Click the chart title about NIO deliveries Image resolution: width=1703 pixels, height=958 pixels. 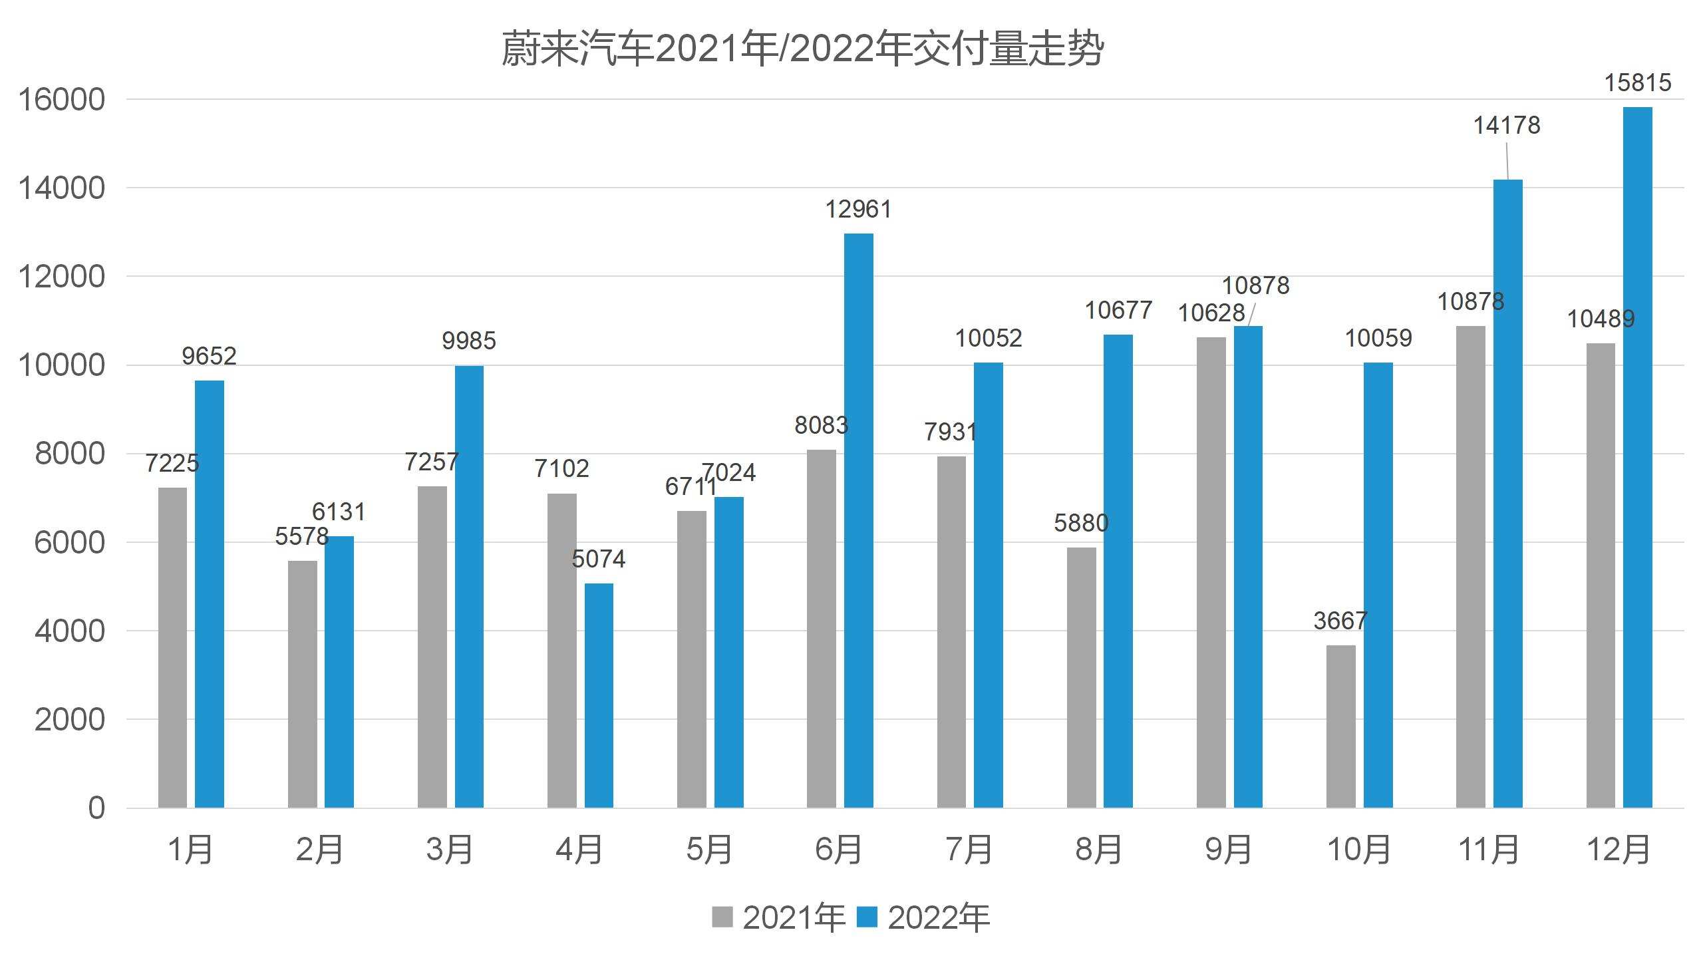pyautogui.click(x=802, y=49)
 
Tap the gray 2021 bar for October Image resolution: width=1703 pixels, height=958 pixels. pyautogui.click(x=1340, y=726)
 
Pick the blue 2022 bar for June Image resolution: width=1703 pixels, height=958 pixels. pyautogui.click(x=858, y=520)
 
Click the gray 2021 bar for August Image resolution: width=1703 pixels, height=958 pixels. pyautogui.click(x=1081, y=677)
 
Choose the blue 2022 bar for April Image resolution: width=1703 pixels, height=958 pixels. pyautogui.click(x=599, y=695)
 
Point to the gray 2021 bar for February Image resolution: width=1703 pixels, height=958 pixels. pyautogui.click(x=303, y=684)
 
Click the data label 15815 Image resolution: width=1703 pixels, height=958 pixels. pyautogui.click(x=1637, y=83)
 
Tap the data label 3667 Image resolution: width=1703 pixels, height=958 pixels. pyautogui.click(x=1340, y=621)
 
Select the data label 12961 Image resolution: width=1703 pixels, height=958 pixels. pyautogui.click(x=858, y=210)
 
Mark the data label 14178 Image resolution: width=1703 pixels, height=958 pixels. pyautogui.click(x=1507, y=125)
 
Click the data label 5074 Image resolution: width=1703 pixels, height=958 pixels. pyautogui.click(x=599, y=559)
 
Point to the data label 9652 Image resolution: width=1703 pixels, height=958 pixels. pyautogui.click(x=209, y=356)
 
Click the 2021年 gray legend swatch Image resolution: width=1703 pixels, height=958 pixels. pyautogui.click(x=722, y=917)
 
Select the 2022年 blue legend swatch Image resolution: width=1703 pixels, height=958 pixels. pyautogui.click(x=867, y=917)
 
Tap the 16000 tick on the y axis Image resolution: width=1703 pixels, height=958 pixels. pyautogui.click(x=61, y=100)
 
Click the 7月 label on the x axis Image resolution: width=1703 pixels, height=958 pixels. pyautogui.click(x=968, y=850)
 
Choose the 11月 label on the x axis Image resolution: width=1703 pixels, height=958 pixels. pyautogui.click(x=1489, y=850)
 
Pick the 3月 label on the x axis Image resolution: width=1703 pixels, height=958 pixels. pyautogui.click(x=449, y=850)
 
